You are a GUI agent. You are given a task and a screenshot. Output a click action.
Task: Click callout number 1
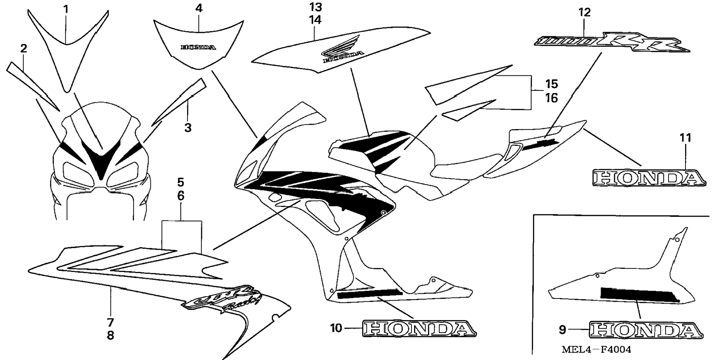coord(66,9)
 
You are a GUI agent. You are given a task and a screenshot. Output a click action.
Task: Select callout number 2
coord(24,48)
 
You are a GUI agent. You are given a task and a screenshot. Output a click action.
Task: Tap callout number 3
coord(188,128)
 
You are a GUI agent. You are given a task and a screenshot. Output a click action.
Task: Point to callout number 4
coord(199,9)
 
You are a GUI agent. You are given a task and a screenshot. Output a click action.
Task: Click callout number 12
coord(585,13)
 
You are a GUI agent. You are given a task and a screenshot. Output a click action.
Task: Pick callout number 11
coord(685,138)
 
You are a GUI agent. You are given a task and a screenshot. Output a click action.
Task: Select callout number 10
coord(336,328)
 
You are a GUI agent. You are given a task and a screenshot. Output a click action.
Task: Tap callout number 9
coord(562,330)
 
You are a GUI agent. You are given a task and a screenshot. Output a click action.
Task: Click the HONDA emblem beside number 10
coord(419,329)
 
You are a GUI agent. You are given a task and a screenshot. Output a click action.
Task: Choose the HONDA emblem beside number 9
coord(646,331)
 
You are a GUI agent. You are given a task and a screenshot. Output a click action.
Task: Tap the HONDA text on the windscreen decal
coord(198,47)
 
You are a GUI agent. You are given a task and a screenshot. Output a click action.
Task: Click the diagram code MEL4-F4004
coord(596,350)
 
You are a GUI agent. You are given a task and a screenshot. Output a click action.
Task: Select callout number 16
coord(551,98)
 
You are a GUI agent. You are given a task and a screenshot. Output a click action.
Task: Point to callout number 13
coord(315,7)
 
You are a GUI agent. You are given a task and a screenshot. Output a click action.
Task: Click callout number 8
coord(110,336)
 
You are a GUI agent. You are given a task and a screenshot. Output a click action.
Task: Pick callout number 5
coord(181,183)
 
